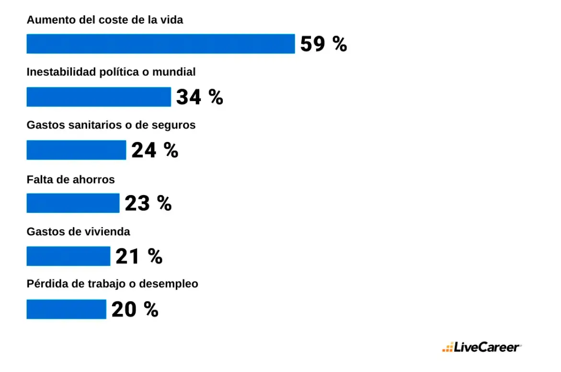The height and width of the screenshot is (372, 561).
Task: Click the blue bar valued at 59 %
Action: tap(160, 44)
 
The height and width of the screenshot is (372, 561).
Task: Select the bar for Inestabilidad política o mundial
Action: tap(99, 97)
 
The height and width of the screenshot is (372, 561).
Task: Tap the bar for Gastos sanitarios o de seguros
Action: tap(76, 150)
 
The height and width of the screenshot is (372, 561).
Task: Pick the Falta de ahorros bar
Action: tap(73, 203)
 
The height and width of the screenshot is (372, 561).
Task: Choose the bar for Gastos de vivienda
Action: tap(68, 256)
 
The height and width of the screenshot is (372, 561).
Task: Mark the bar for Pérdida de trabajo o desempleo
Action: tap(66, 309)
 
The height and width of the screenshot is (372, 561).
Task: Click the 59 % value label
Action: tap(323, 44)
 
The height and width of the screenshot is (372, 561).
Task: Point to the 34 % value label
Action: tap(199, 97)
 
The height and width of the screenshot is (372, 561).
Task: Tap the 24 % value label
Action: tap(155, 151)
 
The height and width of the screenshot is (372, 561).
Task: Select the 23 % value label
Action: tap(148, 203)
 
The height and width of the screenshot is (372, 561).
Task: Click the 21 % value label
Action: tap(139, 256)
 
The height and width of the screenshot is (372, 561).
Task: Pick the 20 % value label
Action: tap(135, 310)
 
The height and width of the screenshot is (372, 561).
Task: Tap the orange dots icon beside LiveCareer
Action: tap(447, 348)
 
